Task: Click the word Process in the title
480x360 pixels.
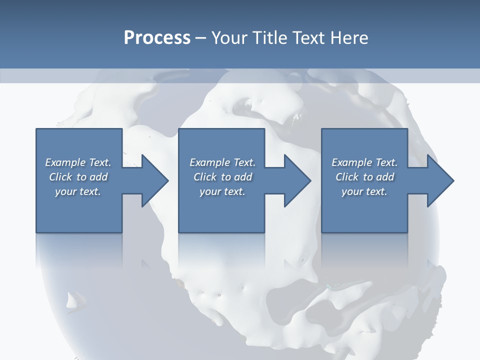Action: (157, 38)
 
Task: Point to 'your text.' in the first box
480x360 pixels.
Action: (78, 191)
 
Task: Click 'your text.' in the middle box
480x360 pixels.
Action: (222, 191)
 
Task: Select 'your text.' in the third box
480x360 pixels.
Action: (364, 191)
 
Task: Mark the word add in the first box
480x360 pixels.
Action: (99, 177)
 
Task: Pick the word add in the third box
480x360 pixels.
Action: (385, 177)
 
